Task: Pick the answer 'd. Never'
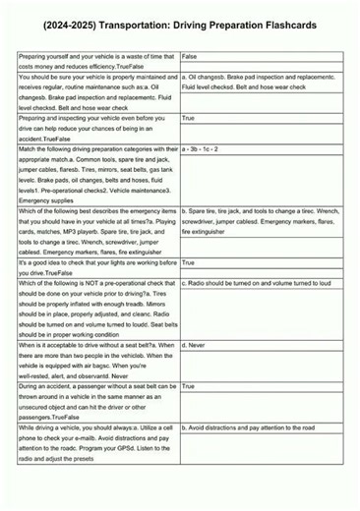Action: tap(195, 346)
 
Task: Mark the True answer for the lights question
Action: tap(188, 263)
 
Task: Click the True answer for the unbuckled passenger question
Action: tap(188, 387)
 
